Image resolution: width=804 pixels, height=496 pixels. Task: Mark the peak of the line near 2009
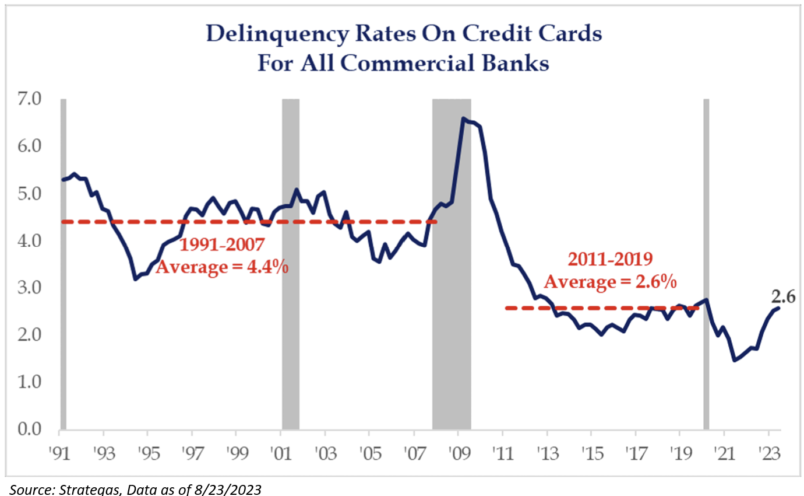click(463, 118)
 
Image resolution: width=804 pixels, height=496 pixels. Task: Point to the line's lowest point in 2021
click(735, 360)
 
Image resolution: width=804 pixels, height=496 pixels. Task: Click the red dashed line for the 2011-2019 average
click(600, 308)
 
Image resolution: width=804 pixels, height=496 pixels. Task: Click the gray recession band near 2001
click(290, 263)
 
